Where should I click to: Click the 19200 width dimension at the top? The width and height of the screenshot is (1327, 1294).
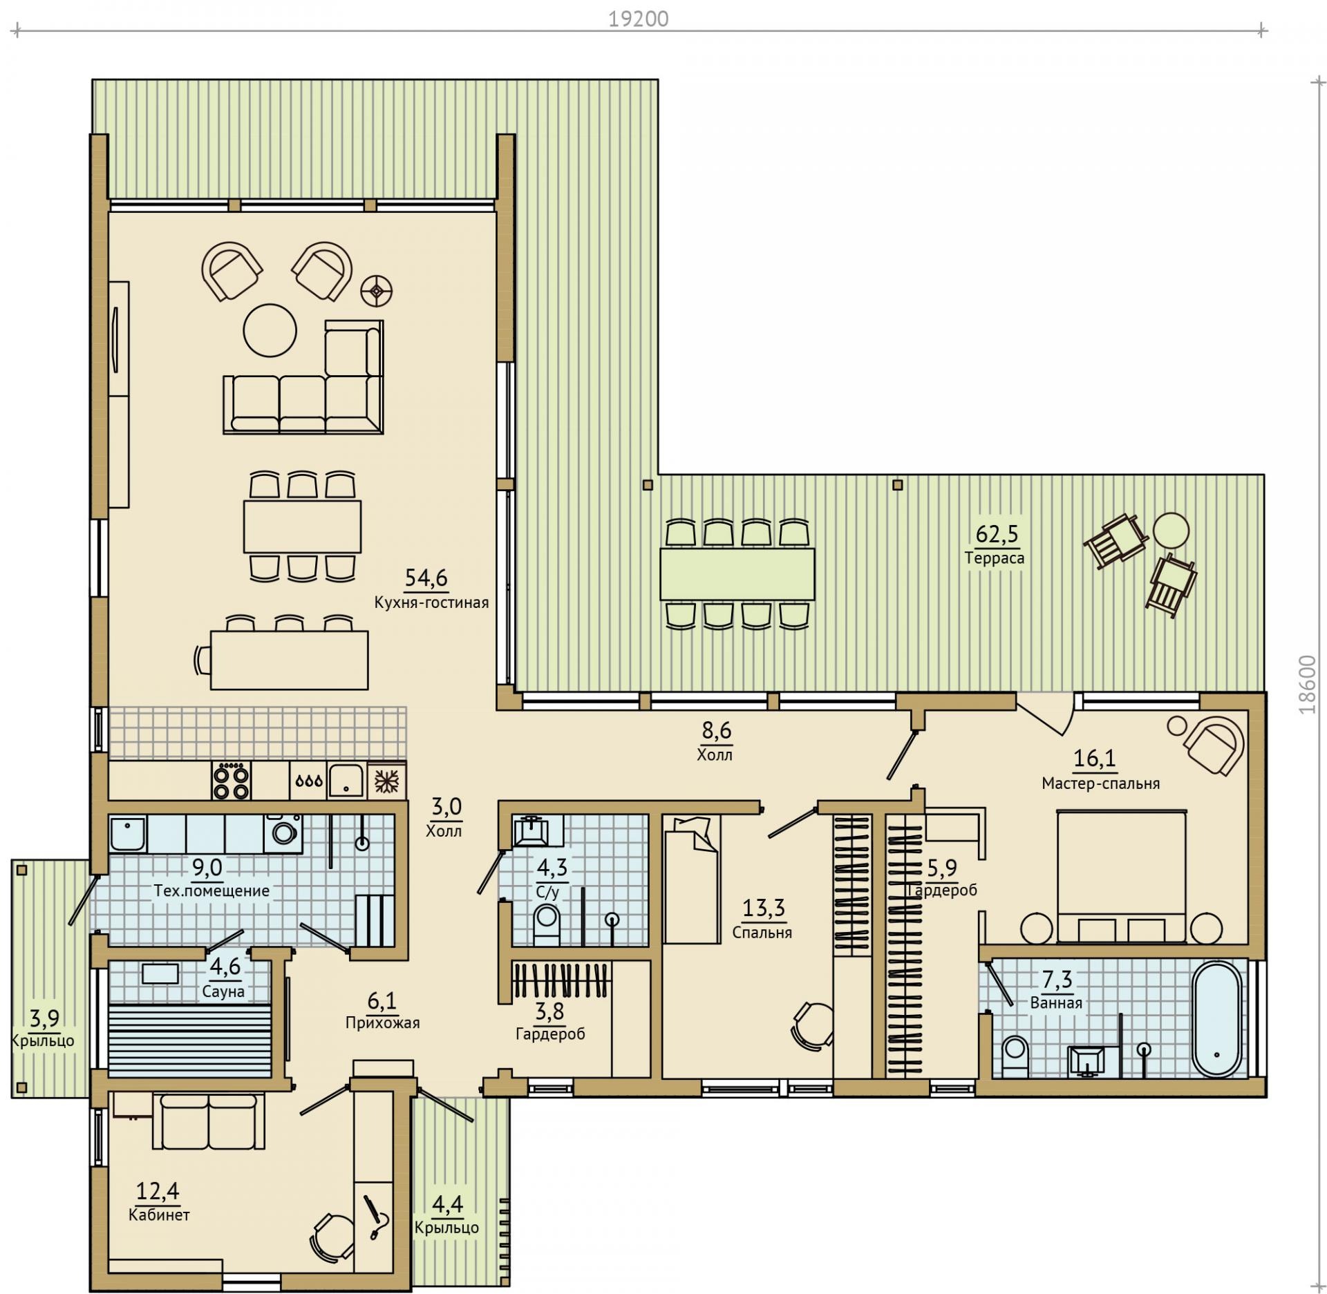pyautogui.click(x=638, y=19)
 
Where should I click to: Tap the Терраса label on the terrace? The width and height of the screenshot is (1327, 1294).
pyautogui.click(x=995, y=558)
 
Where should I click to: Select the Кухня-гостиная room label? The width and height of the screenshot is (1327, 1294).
pyautogui.click(x=431, y=602)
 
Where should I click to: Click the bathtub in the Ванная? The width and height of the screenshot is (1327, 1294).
pyautogui.click(x=1218, y=1019)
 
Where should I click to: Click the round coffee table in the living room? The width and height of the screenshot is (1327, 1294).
pyautogui.click(x=270, y=330)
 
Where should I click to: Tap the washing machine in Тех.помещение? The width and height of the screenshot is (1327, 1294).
pyautogui.click(x=283, y=832)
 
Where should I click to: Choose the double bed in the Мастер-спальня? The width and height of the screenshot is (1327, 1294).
pyautogui.click(x=1121, y=876)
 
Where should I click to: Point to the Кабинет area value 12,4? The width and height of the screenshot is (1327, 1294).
pyautogui.click(x=158, y=1190)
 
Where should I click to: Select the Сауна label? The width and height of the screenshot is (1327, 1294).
pyautogui.click(x=224, y=992)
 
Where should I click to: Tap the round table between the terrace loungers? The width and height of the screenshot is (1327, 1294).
pyautogui.click(x=1171, y=531)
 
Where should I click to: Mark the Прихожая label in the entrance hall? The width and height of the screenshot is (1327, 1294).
pyautogui.click(x=382, y=1022)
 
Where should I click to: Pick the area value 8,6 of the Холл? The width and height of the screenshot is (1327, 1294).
pyautogui.click(x=715, y=730)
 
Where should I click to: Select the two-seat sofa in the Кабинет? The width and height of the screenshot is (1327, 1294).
pyautogui.click(x=208, y=1120)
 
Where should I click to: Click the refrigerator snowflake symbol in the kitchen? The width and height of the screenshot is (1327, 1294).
pyautogui.click(x=387, y=781)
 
